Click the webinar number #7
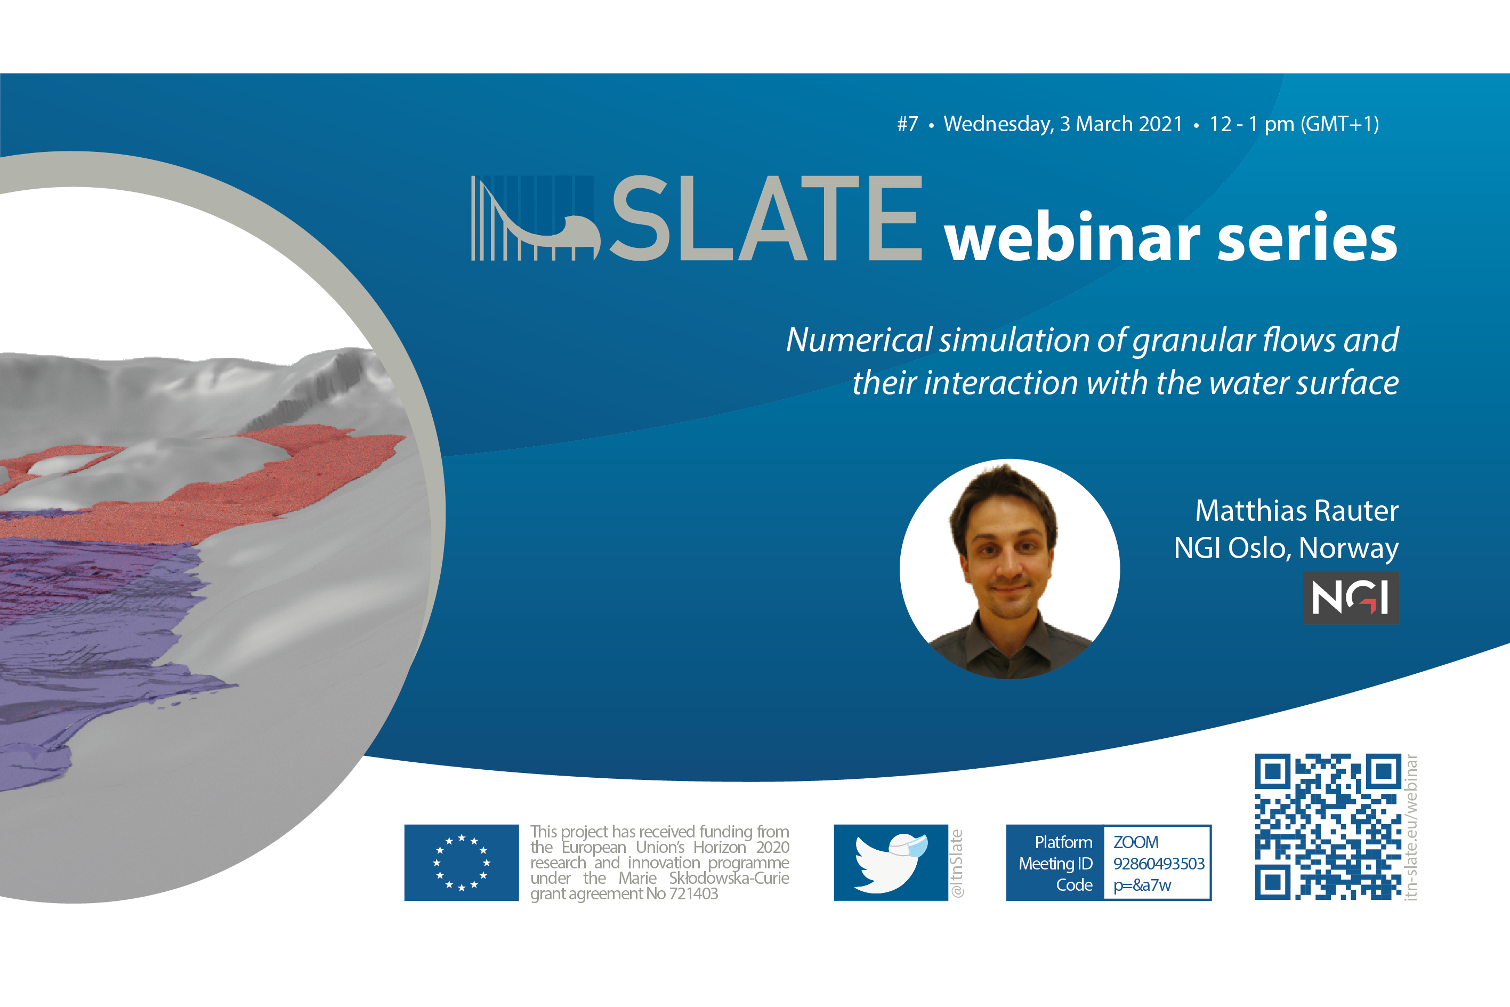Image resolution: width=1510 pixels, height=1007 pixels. point(908,124)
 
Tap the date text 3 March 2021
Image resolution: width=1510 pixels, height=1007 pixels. point(1121,124)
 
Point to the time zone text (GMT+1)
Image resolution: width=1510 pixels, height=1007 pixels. point(1340,124)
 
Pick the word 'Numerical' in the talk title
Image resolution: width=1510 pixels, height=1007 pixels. point(859,341)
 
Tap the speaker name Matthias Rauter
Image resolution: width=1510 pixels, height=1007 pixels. point(1297,511)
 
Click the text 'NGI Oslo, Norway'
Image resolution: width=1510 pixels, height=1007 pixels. point(1286,549)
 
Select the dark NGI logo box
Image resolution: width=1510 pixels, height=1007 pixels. point(1351,598)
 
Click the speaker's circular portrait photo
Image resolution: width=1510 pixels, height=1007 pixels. point(1010,569)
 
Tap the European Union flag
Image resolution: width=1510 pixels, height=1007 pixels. point(462,863)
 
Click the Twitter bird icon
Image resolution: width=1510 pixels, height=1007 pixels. point(891,863)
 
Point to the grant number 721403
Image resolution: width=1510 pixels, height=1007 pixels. point(693,893)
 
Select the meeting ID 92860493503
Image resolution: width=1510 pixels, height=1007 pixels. point(1159,864)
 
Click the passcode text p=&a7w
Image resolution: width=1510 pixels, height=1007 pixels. point(1143,885)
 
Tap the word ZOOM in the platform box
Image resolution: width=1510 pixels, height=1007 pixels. point(1136,842)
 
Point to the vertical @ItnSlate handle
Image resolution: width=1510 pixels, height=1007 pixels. point(957,864)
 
